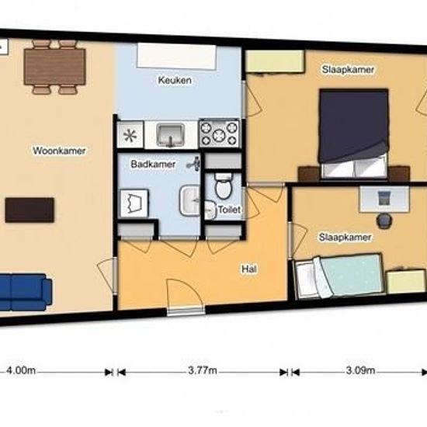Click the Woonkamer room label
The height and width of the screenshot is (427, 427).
(59, 151)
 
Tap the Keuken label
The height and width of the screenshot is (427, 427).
(175, 80)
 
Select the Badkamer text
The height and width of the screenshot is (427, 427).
(153, 165)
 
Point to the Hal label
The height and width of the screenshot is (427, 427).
(249, 269)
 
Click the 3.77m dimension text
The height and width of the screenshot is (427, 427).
(203, 370)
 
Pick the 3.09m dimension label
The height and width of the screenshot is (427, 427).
(360, 370)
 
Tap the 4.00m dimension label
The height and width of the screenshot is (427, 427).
(21, 370)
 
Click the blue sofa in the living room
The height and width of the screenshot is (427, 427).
(26, 292)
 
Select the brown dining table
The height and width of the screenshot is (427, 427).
(55, 67)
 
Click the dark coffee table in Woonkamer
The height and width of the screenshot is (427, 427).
(30, 210)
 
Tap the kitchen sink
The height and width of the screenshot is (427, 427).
(171, 135)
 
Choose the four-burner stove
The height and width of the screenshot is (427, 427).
(219, 134)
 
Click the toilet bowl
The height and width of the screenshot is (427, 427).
(224, 186)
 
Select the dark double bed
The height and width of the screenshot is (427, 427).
(354, 134)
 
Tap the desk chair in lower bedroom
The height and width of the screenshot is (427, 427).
(384, 220)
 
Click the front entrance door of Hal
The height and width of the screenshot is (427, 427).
(186, 297)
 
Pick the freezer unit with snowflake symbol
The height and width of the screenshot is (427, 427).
(130, 135)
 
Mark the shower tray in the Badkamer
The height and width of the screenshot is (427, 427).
(134, 203)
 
